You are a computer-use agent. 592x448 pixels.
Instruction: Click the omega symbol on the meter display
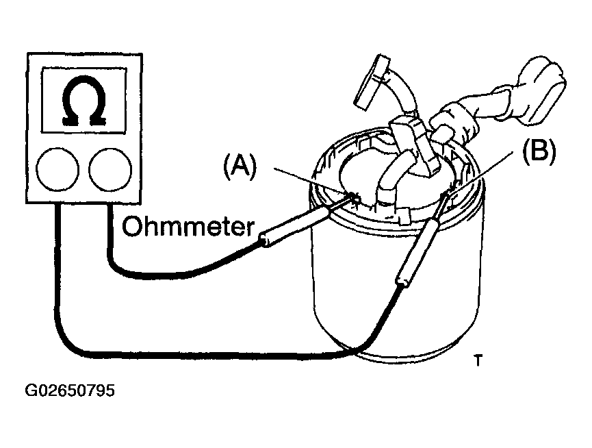pyautogui.click(x=83, y=101)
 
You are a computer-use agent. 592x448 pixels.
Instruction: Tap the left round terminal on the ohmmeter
pyautogui.click(x=57, y=169)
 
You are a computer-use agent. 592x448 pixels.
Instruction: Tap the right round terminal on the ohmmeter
pyautogui.click(x=110, y=169)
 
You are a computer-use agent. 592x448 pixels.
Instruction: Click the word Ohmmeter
pyautogui.click(x=188, y=227)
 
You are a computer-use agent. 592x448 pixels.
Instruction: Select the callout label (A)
pyautogui.click(x=240, y=166)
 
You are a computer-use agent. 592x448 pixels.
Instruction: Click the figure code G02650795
pyautogui.click(x=70, y=390)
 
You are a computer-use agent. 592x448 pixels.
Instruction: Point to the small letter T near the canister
pyautogui.click(x=478, y=360)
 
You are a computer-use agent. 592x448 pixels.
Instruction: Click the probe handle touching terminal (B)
pyautogui.click(x=417, y=251)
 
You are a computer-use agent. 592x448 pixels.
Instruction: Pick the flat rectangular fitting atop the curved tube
pyautogui.click(x=372, y=82)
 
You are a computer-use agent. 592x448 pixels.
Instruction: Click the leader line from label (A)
pyautogui.click(x=312, y=182)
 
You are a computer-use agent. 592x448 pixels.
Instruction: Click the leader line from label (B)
pyautogui.click(x=480, y=172)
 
